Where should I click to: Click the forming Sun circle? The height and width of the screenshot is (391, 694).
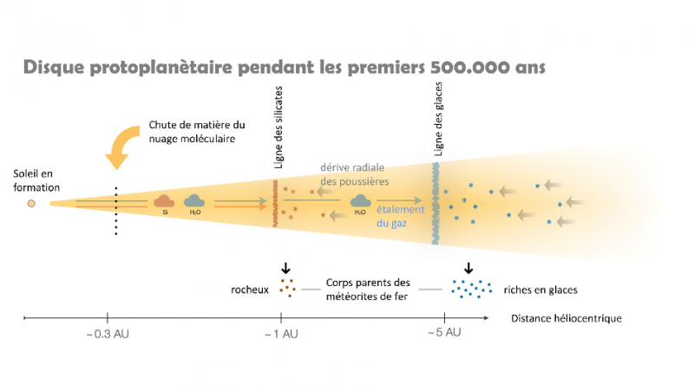coord(31,204)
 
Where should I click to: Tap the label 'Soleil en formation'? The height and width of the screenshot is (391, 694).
coord(36,180)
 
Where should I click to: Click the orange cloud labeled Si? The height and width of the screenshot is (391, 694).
coord(164,202)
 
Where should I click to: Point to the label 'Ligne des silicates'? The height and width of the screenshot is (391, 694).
coord(278,127)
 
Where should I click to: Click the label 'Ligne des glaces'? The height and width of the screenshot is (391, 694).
coord(438,119)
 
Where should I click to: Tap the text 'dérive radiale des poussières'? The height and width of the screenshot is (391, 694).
coord(355,174)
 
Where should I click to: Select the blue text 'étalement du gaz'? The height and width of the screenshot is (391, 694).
coord(400,216)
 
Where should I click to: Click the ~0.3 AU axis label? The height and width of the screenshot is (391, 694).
coord(108,334)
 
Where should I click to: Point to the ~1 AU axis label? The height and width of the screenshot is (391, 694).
coord(281,334)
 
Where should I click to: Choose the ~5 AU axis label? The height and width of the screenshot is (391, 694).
coord(444,332)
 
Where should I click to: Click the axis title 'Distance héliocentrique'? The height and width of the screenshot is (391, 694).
coord(566,318)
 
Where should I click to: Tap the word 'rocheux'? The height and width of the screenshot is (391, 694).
coord(250,290)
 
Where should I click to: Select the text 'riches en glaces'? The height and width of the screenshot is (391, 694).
coord(540,290)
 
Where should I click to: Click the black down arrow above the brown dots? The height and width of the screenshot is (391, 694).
coord(286,268)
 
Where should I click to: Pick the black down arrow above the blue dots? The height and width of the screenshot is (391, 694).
coord(468,268)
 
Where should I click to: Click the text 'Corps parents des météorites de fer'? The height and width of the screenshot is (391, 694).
coord(368,290)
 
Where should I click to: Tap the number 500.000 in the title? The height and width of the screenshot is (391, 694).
coord(470,68)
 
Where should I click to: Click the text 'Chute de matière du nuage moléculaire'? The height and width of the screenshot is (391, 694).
coord(197,132)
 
